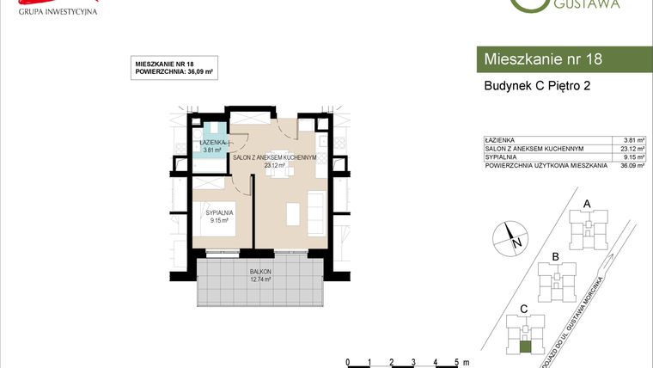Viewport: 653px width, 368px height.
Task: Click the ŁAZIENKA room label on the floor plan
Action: (212, 142)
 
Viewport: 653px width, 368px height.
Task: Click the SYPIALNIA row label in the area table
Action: (503, 157)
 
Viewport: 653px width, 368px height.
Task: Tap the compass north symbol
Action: (510, 235)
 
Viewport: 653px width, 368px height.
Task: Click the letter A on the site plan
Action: (587, 203)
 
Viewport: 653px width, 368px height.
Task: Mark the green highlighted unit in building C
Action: (525, 347)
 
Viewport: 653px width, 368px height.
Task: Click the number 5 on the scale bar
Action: (455, 361)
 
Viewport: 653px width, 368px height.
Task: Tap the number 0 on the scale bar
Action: (346, 361)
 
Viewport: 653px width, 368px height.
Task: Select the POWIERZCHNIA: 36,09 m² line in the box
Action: (174, 72)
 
